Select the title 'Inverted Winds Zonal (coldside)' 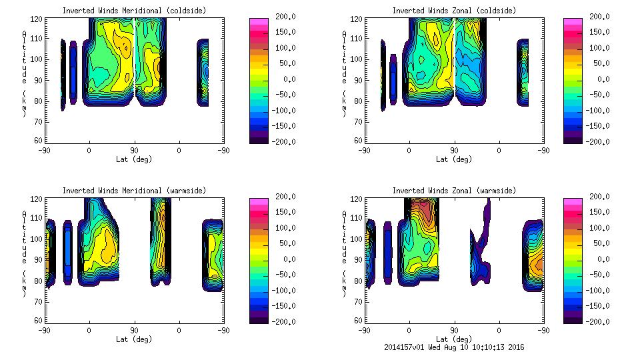click(454, 11)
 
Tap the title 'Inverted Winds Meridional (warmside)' click(134, 191)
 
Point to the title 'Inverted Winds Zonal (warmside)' click(454, 191)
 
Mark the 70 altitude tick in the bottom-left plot click(39, 301)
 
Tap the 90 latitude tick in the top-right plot click(454, 151)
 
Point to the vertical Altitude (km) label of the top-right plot click(345, 73)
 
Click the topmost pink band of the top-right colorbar click(571, 21)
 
